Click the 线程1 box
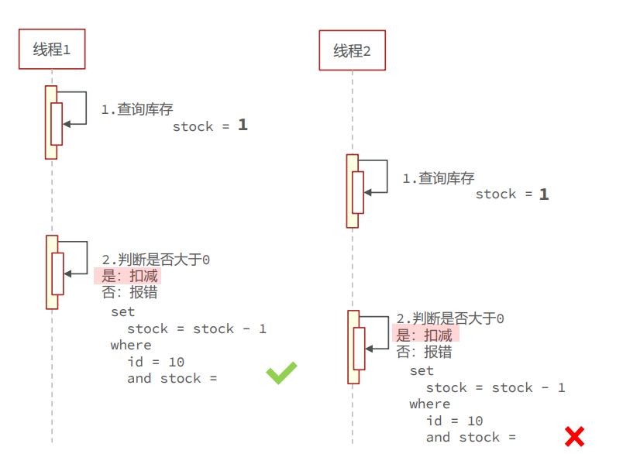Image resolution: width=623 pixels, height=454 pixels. [52, 50]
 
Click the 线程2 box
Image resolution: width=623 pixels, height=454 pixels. [352, 51]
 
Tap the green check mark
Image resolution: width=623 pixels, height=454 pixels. [281, 373]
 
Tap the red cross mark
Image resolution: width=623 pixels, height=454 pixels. [574, 436]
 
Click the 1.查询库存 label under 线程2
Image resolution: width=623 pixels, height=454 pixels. [438, 178]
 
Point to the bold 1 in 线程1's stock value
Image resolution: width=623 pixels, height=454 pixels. [243, 125]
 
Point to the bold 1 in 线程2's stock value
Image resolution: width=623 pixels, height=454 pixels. [544, 194]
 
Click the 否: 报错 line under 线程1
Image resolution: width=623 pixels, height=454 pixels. [129, 292]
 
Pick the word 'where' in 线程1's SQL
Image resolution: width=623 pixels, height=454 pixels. [131, 345]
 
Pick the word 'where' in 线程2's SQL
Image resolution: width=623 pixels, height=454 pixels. [429, 404]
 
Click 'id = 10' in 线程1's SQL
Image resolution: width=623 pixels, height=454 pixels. [156, 362]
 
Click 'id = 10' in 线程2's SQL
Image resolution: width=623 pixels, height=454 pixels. [454, 421]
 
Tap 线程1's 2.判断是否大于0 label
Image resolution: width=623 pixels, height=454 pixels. [156, 260]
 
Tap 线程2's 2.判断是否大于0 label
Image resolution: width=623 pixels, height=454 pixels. [450, 318]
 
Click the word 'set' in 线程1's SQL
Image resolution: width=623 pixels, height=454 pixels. [122, 311]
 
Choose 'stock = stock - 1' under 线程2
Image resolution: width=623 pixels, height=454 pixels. [495, 387]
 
